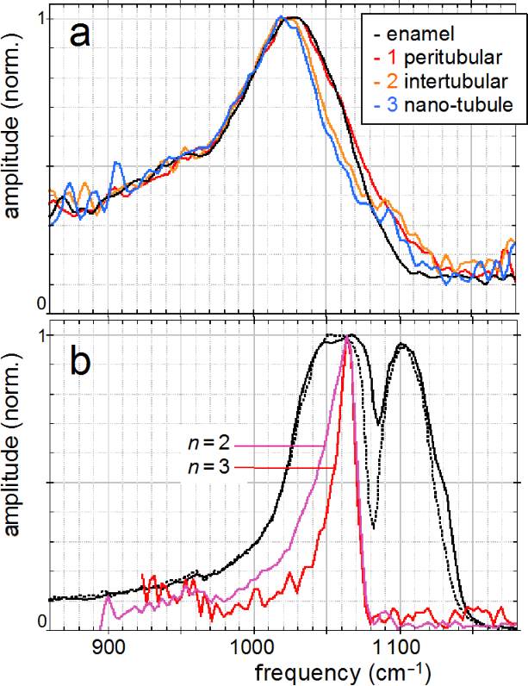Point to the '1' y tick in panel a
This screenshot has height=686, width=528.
(40, 18)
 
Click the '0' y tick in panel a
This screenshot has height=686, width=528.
(40, 303)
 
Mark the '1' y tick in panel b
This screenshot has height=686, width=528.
(40, 335)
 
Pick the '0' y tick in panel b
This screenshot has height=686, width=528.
(40, 621)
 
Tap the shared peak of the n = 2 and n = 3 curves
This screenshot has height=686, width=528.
(347, 338)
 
